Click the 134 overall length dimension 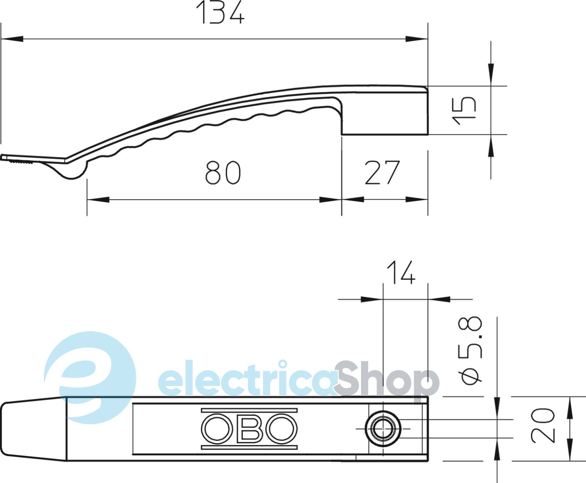coord(220,12)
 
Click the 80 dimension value coord(223,172)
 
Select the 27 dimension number coord(382,172)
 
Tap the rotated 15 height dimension coord(464,111)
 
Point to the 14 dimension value coord(401,272)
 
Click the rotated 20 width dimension coord(543,425)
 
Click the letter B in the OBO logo coord(249,429)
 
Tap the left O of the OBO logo coord(217,429)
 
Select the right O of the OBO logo coord(282,429)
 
